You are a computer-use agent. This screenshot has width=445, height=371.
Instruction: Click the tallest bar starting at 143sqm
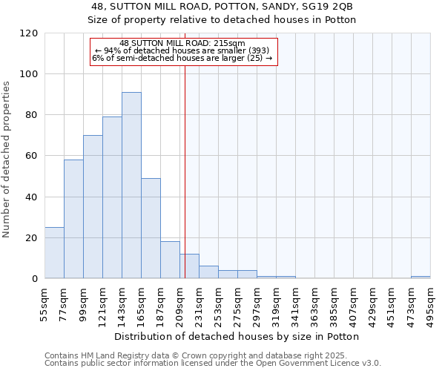(x=131, y=185)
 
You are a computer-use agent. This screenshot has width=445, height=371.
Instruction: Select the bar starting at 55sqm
(x=54, y=253)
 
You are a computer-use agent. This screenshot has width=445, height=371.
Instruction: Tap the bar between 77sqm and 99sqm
(x=73, y=219)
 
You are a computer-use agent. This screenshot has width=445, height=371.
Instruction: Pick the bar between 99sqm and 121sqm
(x=93, y=207)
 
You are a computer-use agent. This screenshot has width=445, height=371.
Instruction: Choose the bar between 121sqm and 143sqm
(x=112, y=197)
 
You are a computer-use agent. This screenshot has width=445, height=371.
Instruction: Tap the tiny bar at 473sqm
(x=421, y=278)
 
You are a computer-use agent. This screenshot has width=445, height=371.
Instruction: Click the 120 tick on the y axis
(x=29, y=33)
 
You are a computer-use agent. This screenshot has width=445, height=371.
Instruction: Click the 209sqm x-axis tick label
(x=180, y=302)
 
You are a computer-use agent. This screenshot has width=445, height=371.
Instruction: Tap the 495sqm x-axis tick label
(x=431, y=302)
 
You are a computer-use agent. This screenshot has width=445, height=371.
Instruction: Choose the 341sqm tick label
(x=296, y=302)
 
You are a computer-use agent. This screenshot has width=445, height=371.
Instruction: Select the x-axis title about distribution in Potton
(x=237, y=336)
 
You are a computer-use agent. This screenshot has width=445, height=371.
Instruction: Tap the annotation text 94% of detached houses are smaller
(x=182, y=50)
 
